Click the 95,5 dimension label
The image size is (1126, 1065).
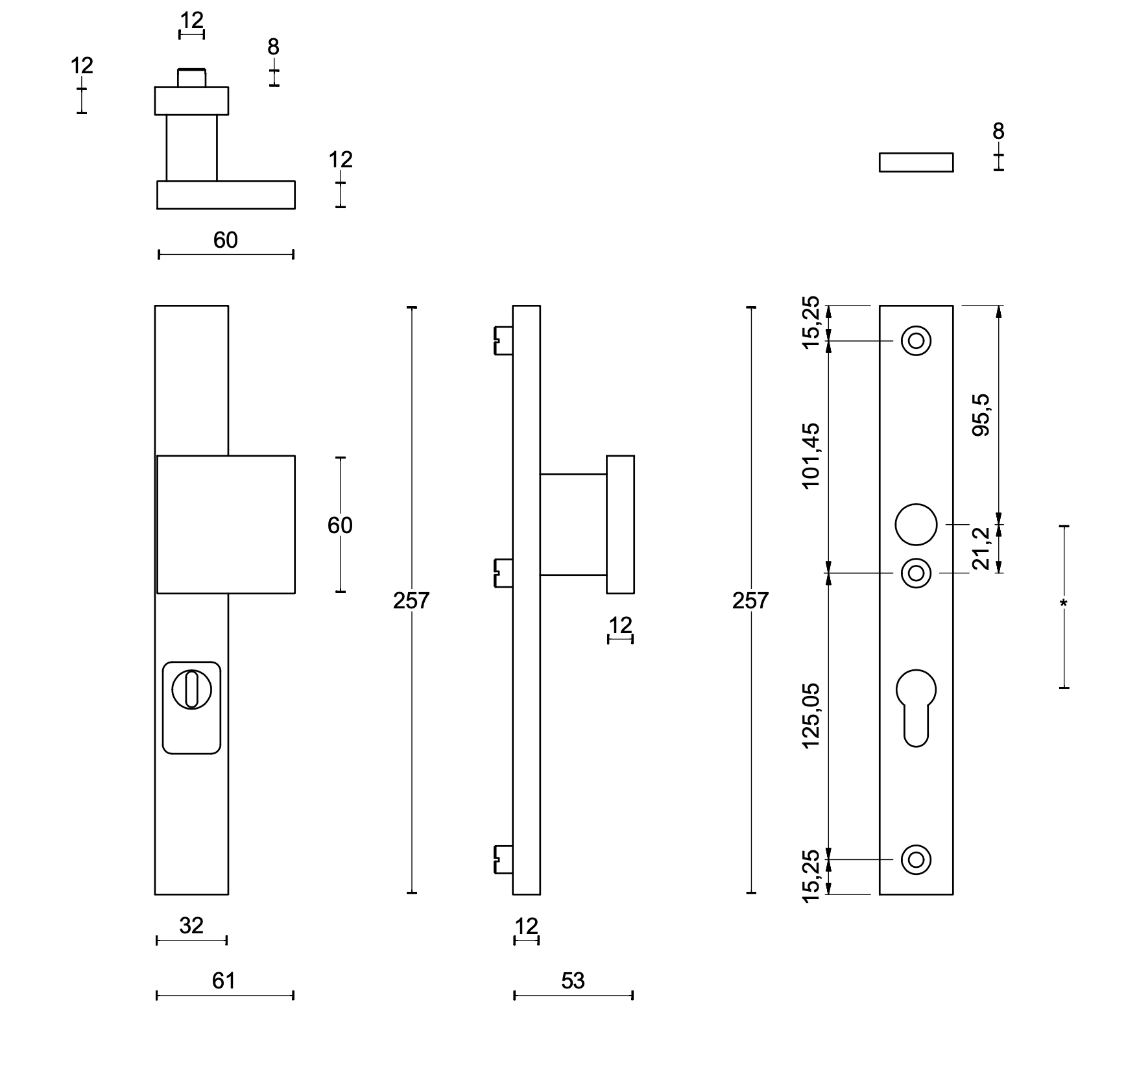[x=983, y=415]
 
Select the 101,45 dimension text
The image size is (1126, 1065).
[x=811, y=456]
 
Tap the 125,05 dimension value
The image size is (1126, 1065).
[x=811, y=715]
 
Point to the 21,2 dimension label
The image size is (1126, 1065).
[x=983, y=549]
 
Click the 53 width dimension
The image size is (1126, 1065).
[x=573, y=981]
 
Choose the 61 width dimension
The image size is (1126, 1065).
[x=224, y=981]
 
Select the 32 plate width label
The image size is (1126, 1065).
[x=191, y=926]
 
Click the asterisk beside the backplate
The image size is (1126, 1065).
[x=1063, y=604]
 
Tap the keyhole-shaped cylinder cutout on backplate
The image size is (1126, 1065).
[x=916, y=707]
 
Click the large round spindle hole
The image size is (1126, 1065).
[x=916, y=524]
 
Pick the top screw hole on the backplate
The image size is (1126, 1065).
[x=916, y=341]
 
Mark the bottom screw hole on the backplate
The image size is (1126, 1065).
[x=916, y=859]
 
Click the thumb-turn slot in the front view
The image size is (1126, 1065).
[x=191, y=690]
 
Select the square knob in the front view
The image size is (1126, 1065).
[x=226, y=524]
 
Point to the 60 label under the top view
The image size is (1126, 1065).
[x=226, y=241]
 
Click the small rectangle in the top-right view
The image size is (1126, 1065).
[x=916, y=162]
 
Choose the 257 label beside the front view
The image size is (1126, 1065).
[x=411, y=601]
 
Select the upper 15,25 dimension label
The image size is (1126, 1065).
[x=811, y=322]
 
